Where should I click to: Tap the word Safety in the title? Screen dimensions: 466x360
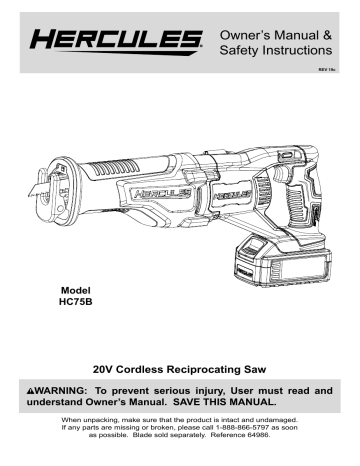(x=240, y=50)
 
